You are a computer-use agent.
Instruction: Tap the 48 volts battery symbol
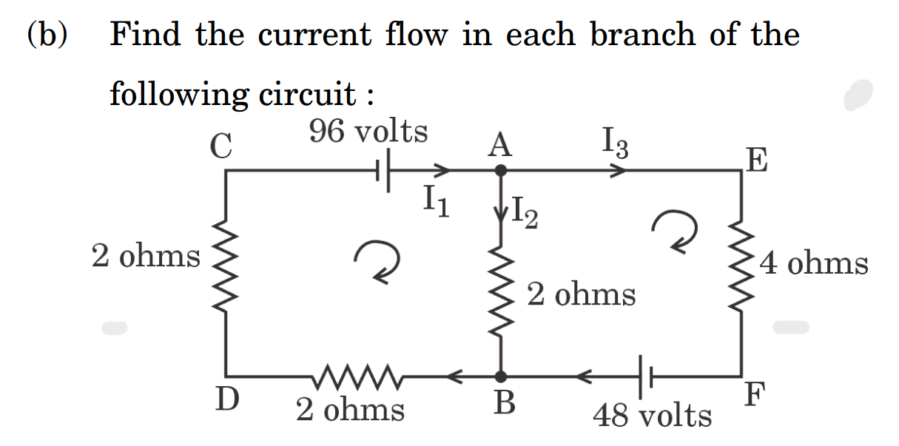tap(643, 376)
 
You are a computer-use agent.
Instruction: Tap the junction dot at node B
tap(501, 376)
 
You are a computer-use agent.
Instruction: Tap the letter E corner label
tap(757, 158)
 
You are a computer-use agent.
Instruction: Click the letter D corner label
tap(227, 400)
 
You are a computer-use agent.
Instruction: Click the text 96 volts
tap(368, 132)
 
